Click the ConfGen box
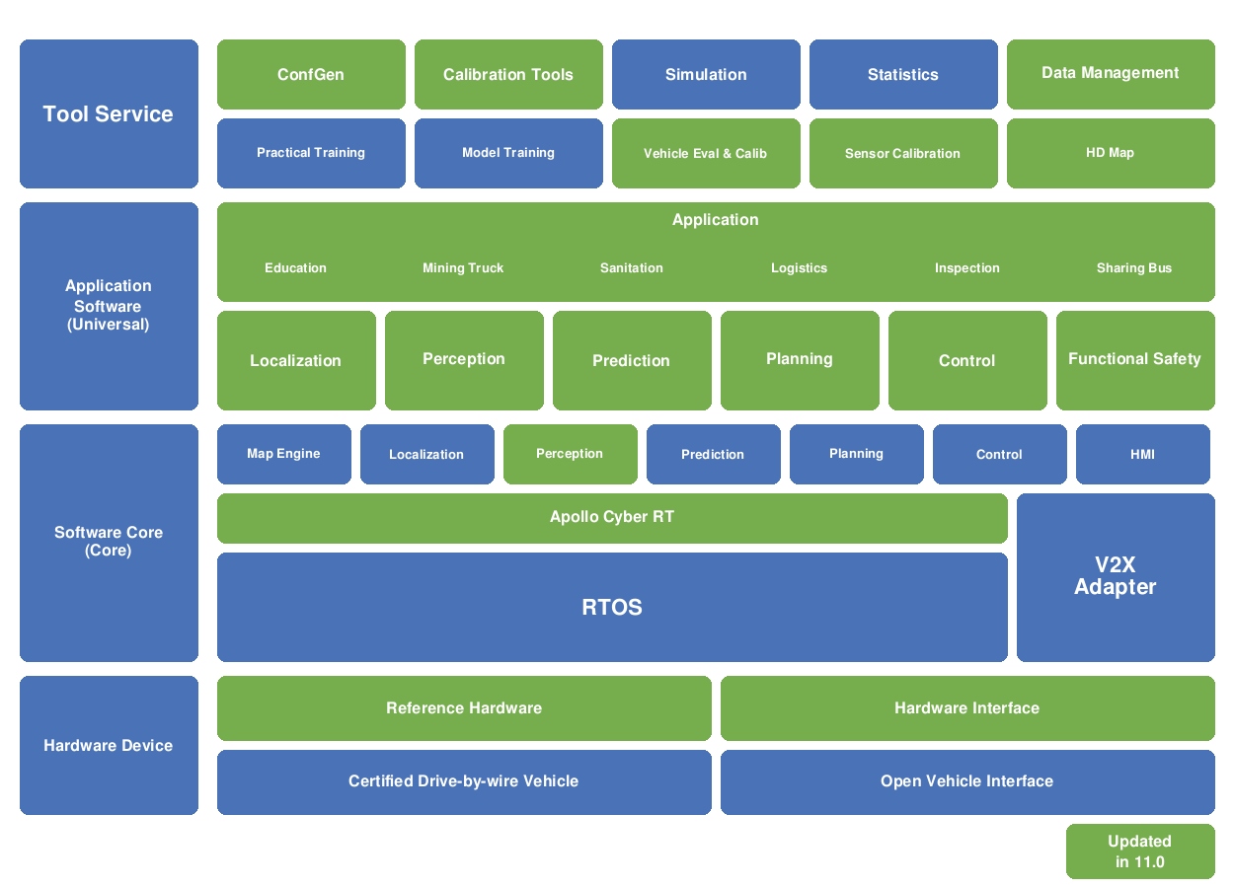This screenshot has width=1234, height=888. pyautogui.click(x=311, y=74)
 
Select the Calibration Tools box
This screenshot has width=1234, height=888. pyautogui.click(x=508, y=74)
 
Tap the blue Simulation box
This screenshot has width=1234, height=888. pyautogui.click(x=706, y=74)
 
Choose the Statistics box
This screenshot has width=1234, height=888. pyautogui.click(x=903, y=74)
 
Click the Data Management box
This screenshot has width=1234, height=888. pyautogui.click(x=1111, y=74)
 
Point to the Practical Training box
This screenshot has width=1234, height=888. pyautogui.click(x=311, y=153)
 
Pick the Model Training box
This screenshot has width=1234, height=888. pyautogui.click(x=508, y=153)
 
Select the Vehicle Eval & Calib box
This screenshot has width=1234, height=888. pyautogui.click(x=706, y=153)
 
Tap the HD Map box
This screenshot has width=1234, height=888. pyautogui.click(x=1111, y=153)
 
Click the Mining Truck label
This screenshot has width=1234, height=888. pyautogui.click(x=463, y=268)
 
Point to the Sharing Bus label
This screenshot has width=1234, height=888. pyautogui.click(x=1134, y=268)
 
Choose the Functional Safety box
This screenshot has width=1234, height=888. pyautogui.click(x=1135, y=360)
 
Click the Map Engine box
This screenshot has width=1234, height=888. pyautogui.click(x=283, y=454)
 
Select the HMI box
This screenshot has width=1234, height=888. pyautogui.click(x=1142, y=454)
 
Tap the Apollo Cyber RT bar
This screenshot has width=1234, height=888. pyautogui.click(x=612, y=518)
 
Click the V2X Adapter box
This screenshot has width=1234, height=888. pyautogui.click(x=1116, y=577)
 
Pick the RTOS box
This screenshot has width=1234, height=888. pyautogui.click(x=612, y=607)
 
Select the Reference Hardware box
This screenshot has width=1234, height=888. pyautogui.click(x=464, y=708)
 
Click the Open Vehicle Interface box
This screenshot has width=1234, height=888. pyautogui.click(x=967, y=781)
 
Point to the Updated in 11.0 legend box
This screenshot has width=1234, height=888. pyautogui.click(x=1140, y=851)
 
